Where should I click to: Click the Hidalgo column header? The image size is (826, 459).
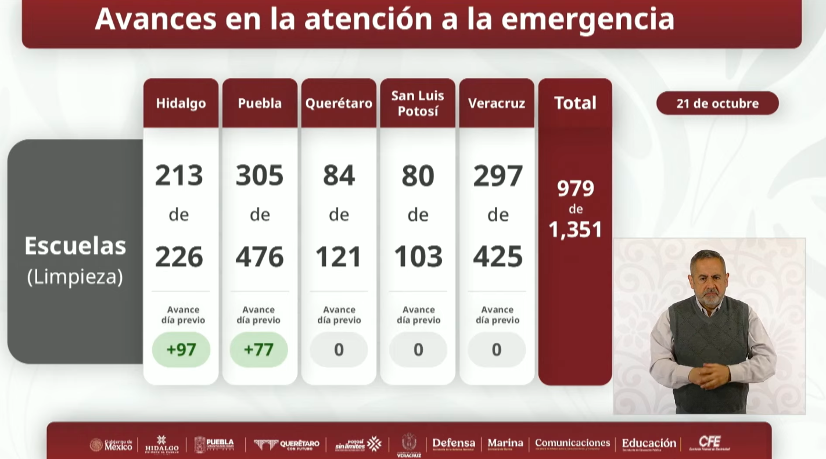coord(181,103)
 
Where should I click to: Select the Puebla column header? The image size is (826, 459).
coord(260,103)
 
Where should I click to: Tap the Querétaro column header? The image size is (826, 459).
coord(339,103)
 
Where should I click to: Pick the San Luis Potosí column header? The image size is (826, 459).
coord(418,103)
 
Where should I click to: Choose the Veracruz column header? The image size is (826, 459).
coord(497,103)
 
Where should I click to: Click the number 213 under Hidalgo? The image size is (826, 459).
coord(179,175)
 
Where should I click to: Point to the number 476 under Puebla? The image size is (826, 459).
coord(260,257)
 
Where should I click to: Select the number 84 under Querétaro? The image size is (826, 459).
coord(339,175)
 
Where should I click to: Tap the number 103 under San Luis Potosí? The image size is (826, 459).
coord(418,257)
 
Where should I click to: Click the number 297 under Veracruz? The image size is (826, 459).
coord(498,175)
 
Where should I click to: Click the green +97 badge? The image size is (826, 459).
coord(181,350)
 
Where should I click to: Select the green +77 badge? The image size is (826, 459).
coord(258,350)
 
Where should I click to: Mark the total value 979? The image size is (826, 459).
coord(575,188)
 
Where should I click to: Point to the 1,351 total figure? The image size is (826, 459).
coord(575,229)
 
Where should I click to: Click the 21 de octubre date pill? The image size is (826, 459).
coord(717,103)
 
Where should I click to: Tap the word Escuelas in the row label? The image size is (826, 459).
coord(75,246)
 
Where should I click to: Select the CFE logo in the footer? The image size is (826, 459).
coord(709,443)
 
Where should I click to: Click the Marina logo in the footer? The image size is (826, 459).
coord(505,444)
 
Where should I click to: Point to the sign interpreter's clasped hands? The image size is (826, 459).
coord(709,375)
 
